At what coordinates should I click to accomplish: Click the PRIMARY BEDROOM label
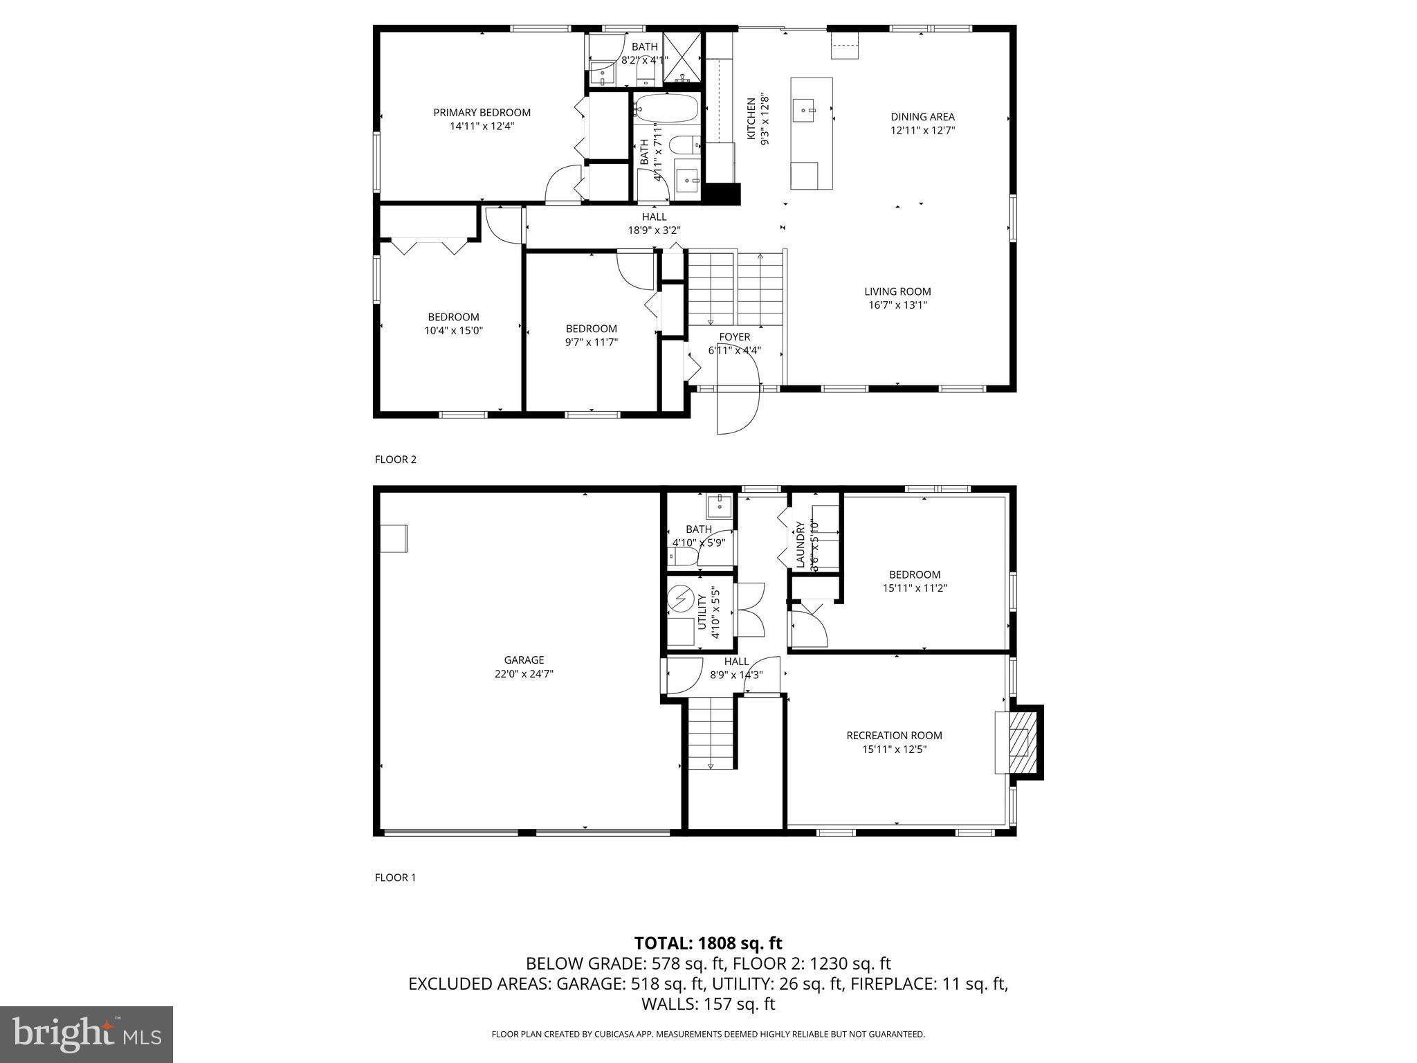(482, 113)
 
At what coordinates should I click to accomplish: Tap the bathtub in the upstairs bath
(666, 109)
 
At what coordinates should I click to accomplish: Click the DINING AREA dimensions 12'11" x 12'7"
(922, 130)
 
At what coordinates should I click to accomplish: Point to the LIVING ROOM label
(897, 291)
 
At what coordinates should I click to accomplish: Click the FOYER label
(734, 337)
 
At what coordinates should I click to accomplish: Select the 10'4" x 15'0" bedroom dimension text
(453, 331)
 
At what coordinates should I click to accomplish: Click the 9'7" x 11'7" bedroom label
(591, 329)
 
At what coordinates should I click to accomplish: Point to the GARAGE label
(524, 660)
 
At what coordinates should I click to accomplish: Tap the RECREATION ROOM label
(894, 736)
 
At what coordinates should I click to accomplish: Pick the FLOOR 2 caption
(395, 460)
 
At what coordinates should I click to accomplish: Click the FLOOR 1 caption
(395, 878)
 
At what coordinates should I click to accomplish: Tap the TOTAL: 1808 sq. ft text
(708, 943)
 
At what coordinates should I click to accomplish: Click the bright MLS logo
(86, 1034)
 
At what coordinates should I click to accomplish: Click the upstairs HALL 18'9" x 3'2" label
(654, 224)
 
